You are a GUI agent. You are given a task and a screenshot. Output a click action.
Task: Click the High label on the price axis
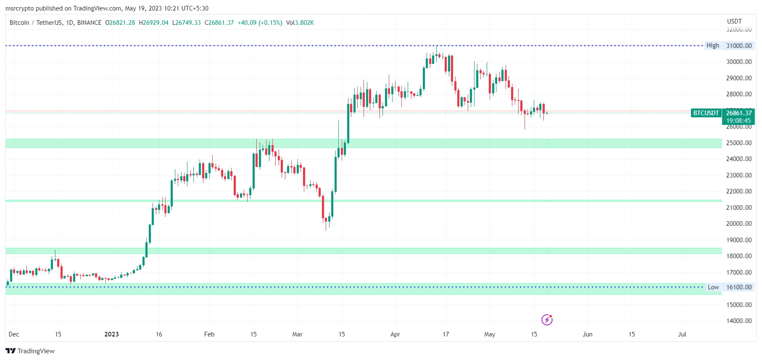(712, 45)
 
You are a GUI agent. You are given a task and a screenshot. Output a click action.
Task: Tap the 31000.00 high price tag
(739, 45)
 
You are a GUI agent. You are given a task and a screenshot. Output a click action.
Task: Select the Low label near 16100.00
(713, 287)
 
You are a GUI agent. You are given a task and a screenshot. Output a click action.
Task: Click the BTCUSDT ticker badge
(706, 113)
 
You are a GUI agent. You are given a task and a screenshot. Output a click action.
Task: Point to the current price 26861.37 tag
(739, 113)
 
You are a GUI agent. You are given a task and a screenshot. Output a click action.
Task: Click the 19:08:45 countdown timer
(738, 121)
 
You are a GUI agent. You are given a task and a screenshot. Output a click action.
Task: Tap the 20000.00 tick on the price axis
(739, 224)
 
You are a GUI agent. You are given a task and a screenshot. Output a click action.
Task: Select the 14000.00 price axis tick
(739, 321)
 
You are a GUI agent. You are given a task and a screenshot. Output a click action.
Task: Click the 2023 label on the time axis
(111, 334)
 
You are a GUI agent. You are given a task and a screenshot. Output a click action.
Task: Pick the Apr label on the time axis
(395, 334)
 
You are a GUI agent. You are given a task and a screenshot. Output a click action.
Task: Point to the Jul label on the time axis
(682, 334)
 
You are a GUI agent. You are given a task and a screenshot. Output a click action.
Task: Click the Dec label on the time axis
(14, 334)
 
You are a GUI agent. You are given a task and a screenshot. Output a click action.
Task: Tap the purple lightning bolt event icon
(547, 320)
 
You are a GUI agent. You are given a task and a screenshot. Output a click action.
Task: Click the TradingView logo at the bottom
(30, 351)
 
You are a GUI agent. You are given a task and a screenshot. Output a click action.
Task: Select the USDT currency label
(734, 21)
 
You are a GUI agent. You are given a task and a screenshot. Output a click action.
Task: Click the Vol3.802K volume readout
(300, 23)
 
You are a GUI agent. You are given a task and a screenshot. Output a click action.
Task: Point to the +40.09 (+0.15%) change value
(260, 23)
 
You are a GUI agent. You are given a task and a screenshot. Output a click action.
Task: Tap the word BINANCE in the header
(89, 23)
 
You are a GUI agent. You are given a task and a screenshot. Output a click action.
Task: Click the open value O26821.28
(120, 23)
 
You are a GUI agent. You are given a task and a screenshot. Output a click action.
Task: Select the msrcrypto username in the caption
(19, 8)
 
